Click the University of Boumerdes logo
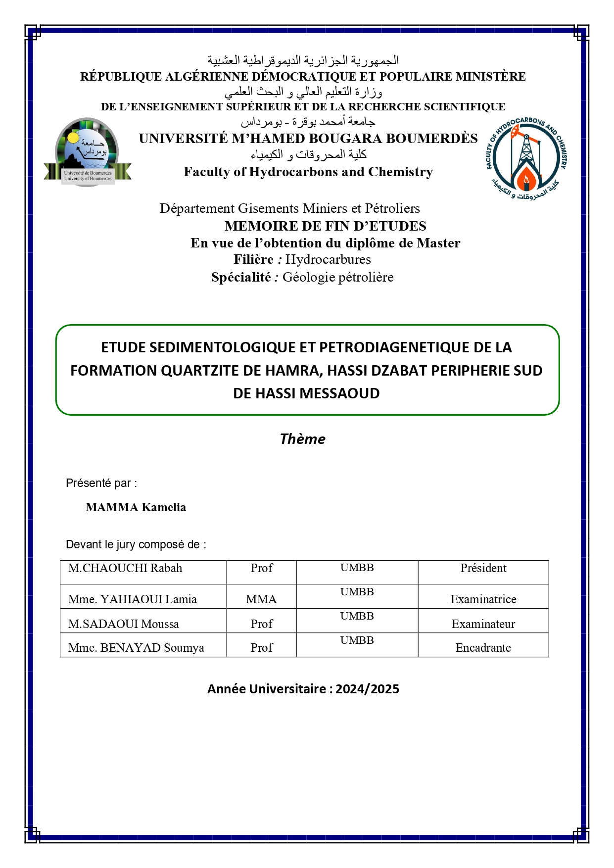click(x=88, y=151)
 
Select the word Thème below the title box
click(x=302, y=439)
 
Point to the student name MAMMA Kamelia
click(x=136, y=507)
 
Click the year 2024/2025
click(x=367, y=689)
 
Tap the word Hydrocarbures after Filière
click(x=328, y=259)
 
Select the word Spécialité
click(x=241, y=277)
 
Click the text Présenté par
click(x=101, y=483)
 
